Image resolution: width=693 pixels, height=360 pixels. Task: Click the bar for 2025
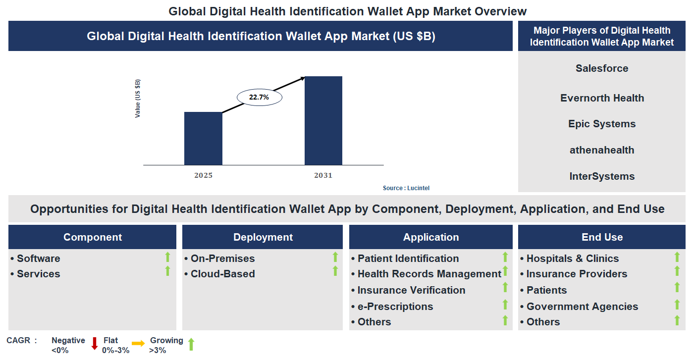point(203,138)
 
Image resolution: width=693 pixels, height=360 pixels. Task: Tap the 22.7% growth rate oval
point(259,98)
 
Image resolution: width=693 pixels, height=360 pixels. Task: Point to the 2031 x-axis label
point(323,175)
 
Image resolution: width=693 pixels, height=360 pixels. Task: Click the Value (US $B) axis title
point(138,98)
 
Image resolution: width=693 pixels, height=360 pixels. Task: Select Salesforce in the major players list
point(601,68)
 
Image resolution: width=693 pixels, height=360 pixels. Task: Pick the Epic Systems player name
point(601,124)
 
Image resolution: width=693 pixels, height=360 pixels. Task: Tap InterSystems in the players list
point(601,176)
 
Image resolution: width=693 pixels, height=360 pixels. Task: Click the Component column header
point(92,237)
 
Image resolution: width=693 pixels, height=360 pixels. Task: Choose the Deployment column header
point(263,237)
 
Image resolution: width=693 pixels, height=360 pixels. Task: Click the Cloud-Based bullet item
point(222,274)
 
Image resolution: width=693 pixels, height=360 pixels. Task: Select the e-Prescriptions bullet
point(395,307)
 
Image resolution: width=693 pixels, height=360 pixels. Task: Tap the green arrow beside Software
point(167,257)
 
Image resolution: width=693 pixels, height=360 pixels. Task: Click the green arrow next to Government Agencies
point(677,305)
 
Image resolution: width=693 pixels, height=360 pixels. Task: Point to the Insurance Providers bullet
point(576,274)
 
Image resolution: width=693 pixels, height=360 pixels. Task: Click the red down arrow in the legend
point(94,343)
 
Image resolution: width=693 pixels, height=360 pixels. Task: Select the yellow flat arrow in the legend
point(138,343)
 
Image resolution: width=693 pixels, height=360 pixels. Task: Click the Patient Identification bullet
point(408,258)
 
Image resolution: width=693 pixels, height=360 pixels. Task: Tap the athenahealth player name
point(601,150)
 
